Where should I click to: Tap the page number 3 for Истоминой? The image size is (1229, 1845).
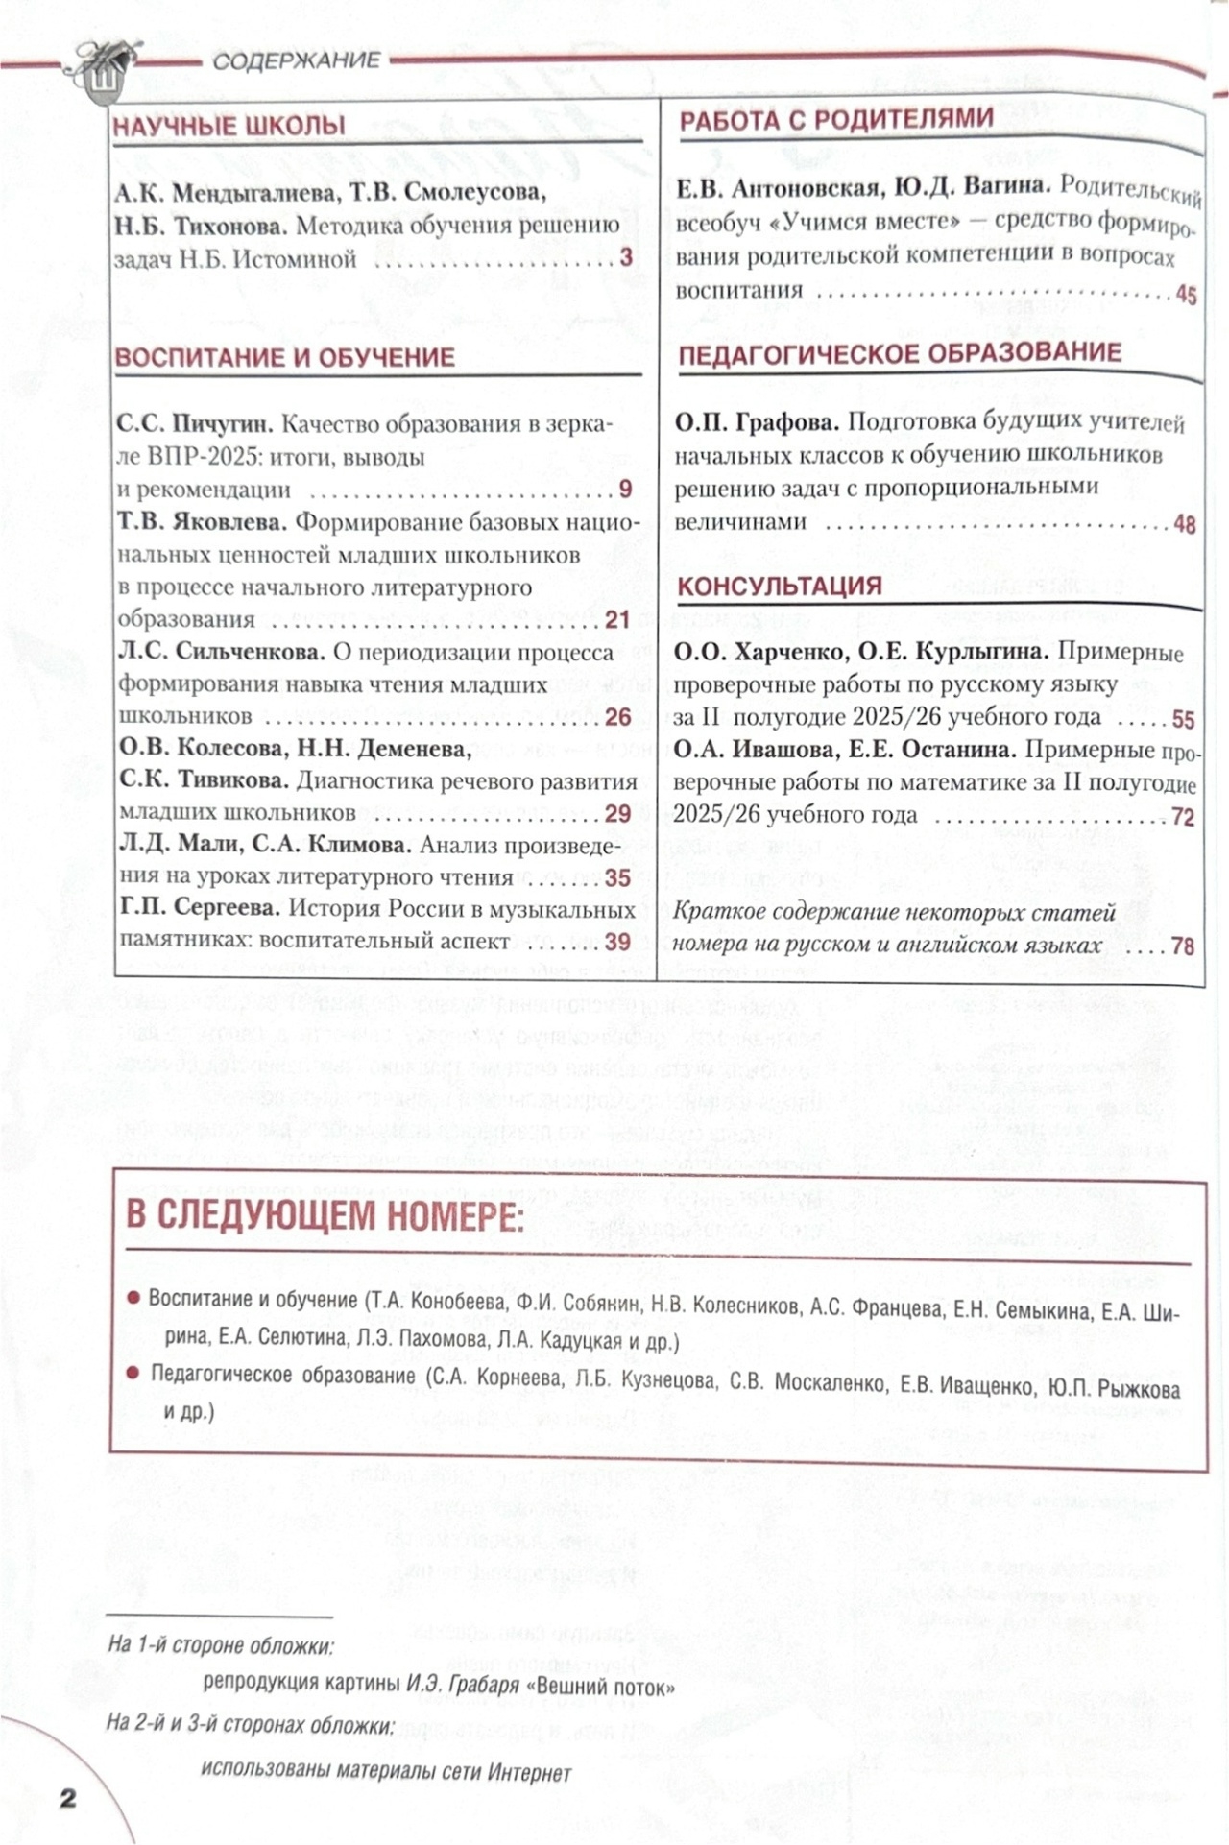626,257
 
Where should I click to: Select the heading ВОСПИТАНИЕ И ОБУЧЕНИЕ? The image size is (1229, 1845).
284,358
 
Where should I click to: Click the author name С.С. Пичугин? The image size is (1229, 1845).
196,424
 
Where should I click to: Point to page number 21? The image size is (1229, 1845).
617,620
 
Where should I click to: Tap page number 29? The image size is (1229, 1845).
617,814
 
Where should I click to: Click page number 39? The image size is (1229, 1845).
617,942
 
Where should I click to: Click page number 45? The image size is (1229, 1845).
1186,295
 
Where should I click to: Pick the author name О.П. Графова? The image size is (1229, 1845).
757,422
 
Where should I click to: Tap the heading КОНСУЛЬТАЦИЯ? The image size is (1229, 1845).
780,586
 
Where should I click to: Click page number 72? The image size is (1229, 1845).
1183,817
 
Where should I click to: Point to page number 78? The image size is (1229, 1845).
1183,946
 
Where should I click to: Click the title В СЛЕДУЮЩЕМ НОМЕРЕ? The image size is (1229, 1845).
325,1216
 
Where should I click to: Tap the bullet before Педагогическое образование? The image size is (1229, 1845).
133,1374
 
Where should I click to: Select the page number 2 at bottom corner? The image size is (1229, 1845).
67,1798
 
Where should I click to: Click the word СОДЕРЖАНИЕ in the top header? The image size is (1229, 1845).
297,61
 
